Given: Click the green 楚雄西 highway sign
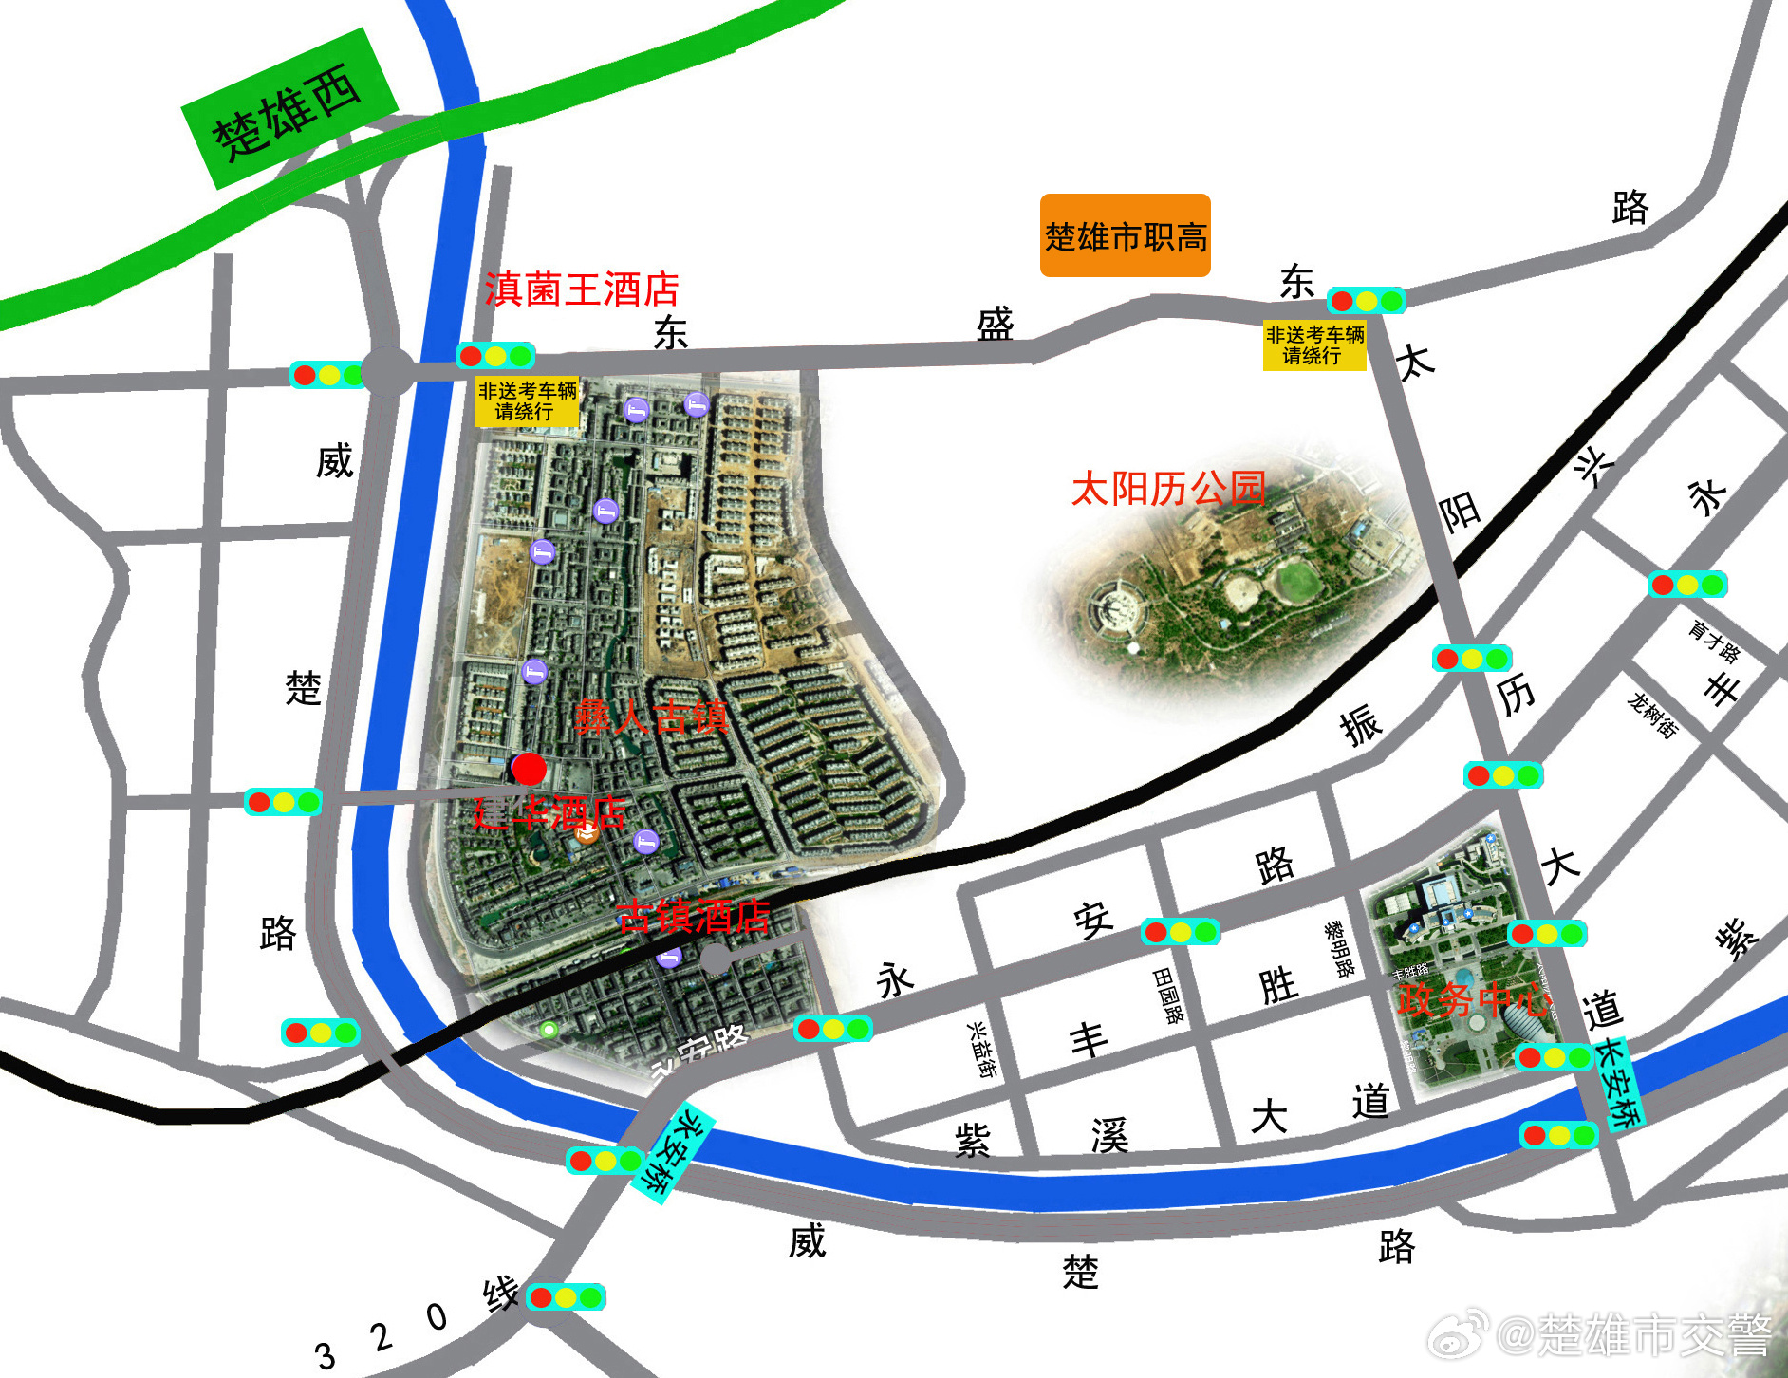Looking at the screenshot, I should tap(288, 110).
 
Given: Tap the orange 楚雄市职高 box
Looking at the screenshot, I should tap(1125, 235).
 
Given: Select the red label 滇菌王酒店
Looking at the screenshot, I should tap(581, 289).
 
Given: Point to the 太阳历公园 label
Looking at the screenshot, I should tap(1167, 489).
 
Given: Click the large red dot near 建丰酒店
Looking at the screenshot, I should tap(529, 769).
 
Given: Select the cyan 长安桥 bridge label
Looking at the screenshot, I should tap(1617, 1082).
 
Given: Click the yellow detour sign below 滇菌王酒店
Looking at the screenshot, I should tap(527, 401).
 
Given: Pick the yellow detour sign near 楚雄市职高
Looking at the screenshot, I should tap(1314, 345).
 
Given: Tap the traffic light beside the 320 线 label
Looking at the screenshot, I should tap(566, 1296).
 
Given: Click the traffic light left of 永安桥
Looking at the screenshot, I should tap(605, 1160).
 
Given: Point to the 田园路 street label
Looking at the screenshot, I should tap(1169, 996).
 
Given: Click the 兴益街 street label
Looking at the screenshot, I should tap(981, 1049).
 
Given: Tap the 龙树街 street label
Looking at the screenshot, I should tap(1652, 715).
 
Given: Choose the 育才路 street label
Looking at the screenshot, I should tap(1714, 641).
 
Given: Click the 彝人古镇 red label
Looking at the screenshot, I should tap(651, 717).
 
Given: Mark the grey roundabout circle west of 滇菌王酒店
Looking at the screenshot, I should tap(387, 371).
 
